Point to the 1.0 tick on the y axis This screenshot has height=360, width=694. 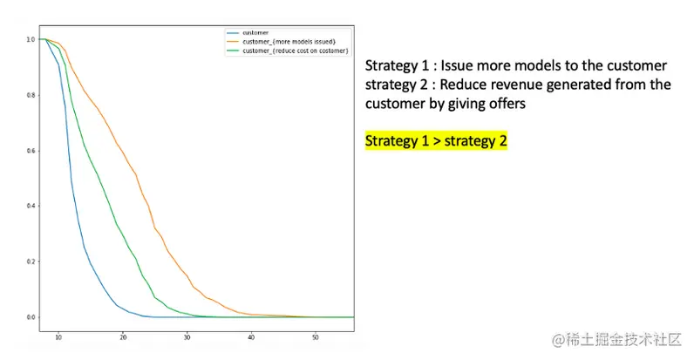coord(31,39)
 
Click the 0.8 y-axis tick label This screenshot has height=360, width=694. coord(31,95)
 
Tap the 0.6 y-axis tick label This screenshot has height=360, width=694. coord(31,151)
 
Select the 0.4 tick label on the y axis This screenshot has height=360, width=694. coord(31,206)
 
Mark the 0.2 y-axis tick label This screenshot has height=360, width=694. coord(31,262)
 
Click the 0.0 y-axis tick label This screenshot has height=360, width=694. coord(31,317)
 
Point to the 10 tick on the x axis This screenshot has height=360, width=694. coord(58,337)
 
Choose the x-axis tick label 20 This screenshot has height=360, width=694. coord(123,337)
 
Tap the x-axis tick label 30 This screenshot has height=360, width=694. coord(187,337)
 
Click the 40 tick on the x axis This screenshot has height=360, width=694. coord(251,337)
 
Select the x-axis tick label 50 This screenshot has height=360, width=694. coord(315,337)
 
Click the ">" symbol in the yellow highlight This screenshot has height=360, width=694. coord(437,141)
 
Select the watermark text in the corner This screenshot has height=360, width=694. coord(616,340)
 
